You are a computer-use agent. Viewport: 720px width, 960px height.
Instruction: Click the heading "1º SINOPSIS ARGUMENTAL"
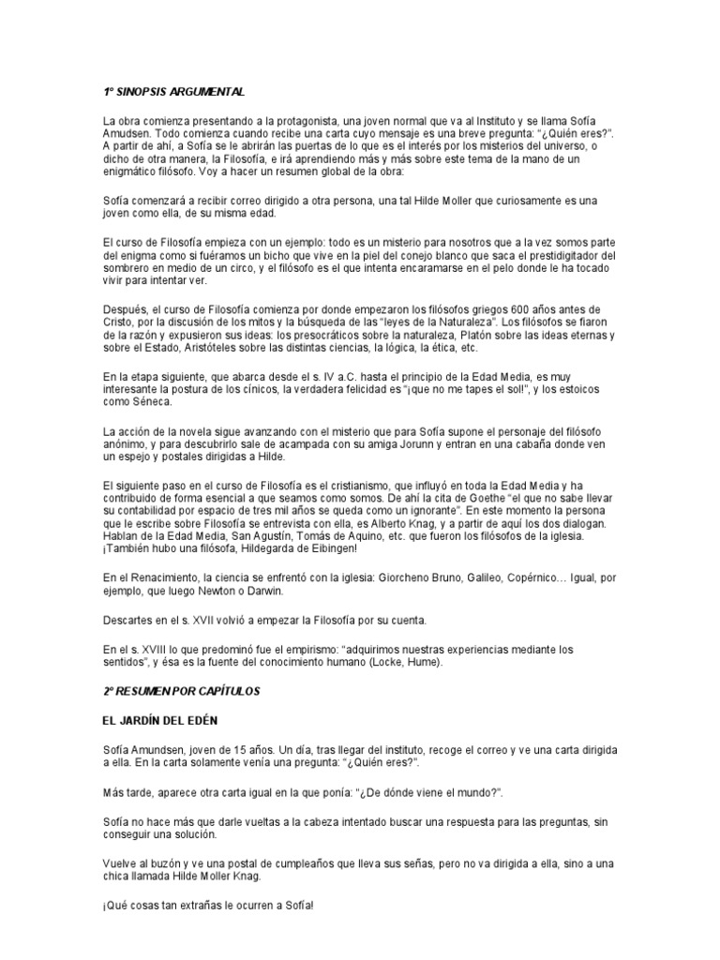click(x=173, y=92)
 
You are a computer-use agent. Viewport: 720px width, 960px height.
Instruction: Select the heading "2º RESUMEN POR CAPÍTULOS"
click(x=180, y=690)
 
